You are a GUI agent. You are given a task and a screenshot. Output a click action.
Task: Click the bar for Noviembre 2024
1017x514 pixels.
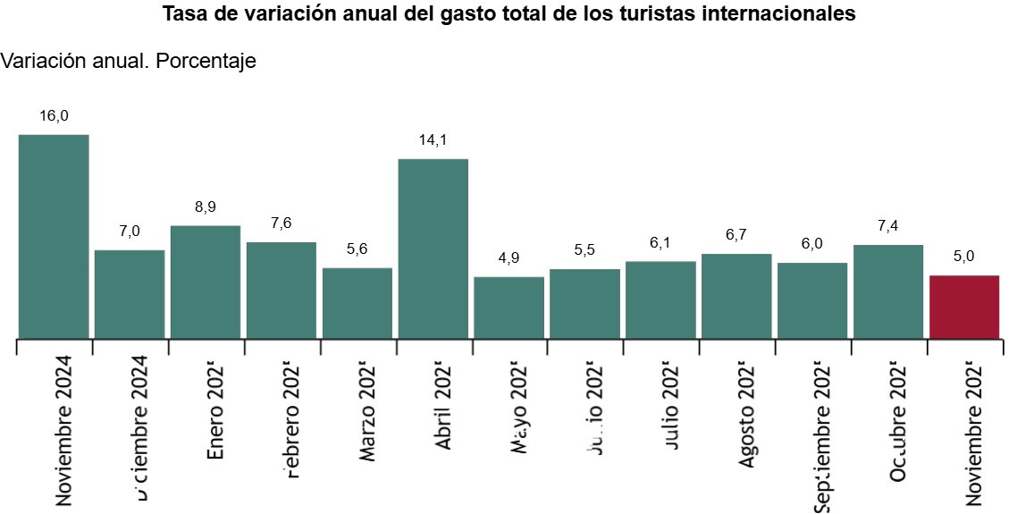(54, 237)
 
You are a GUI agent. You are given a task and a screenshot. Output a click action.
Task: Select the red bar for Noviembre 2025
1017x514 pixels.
(963, 307)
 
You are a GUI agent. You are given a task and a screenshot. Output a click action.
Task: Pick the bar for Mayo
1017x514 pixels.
(508, 308)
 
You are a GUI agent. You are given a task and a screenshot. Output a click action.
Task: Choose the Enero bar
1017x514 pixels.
(206, 282)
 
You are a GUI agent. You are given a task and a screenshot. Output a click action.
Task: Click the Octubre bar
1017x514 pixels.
(887, 291)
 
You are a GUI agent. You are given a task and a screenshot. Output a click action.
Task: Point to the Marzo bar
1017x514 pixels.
(357, 303)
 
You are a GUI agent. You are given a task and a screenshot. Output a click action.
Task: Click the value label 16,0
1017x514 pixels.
(54, 116)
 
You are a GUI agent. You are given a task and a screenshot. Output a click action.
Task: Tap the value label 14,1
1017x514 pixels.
(433, 140)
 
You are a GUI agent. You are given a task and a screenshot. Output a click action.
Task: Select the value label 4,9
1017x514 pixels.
(508, 258)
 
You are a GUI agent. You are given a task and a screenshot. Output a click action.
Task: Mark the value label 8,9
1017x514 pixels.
(206, 207)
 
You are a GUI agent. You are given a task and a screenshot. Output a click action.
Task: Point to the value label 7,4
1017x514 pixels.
(887, 226)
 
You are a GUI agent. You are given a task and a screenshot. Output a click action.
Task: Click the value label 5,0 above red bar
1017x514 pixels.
(963, 257)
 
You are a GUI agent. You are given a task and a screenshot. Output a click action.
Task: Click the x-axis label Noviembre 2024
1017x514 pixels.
(63, 430)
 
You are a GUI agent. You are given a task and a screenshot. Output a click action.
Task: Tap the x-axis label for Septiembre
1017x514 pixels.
(823, 434)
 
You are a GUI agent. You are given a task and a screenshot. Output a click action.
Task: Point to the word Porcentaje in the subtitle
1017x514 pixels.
(206, 61)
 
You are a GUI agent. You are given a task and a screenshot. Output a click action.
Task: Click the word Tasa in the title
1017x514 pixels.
(184, 14)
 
